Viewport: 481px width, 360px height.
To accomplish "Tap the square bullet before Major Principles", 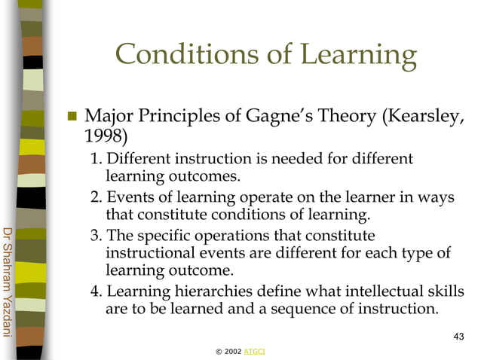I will point(74,117).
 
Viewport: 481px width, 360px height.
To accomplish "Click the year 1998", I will point(105,138).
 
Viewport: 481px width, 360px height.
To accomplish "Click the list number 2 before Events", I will point(96,197).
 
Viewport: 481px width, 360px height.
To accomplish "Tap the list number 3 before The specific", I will point(96,234).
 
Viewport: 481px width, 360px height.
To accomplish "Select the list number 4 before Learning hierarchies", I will point(96,291).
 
